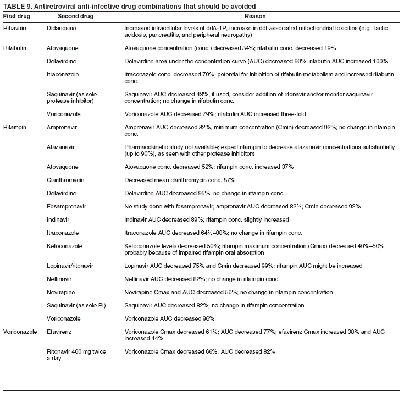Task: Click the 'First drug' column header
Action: (16, 16)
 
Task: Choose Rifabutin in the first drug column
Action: (16, 48)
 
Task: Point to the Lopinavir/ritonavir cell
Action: (70, 266)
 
